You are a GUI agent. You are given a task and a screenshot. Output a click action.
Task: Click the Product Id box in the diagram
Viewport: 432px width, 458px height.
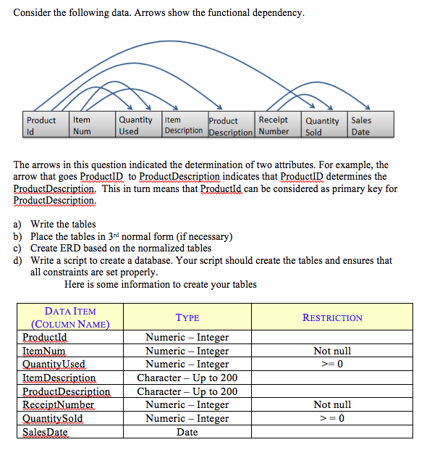[x=41, y=125]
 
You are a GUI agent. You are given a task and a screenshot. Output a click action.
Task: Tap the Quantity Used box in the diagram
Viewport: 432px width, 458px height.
[x=135, y=125]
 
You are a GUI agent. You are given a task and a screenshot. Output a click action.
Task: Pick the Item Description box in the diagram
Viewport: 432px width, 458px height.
[x=183, y=125]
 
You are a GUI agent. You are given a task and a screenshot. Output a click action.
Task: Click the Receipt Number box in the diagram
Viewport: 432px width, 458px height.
[x=274, y=125]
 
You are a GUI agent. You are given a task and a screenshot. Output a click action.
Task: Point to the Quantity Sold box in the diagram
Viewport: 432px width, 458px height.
[x=322, y=125]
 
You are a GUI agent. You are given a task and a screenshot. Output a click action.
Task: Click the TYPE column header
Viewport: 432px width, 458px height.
[x=187, y=317]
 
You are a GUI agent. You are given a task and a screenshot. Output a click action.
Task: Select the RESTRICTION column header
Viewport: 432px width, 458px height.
[x=332, y=317]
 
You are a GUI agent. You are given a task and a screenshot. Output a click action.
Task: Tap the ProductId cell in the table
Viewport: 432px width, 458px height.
[x=45, y=337]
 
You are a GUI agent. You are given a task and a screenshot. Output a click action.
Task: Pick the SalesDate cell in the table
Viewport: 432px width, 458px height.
[x=45, y=433]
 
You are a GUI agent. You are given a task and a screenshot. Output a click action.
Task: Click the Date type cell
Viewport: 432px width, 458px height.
[x=187, y=433]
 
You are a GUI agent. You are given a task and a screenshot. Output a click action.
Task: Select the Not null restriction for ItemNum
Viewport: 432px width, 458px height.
[x=332, y=351]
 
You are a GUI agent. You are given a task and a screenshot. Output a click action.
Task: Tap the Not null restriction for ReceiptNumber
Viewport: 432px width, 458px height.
[x=332, y=405]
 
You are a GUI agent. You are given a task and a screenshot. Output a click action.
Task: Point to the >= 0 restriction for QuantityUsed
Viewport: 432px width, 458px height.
[x=332, y=365]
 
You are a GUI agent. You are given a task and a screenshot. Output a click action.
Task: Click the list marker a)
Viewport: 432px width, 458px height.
[x=17, y=224]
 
